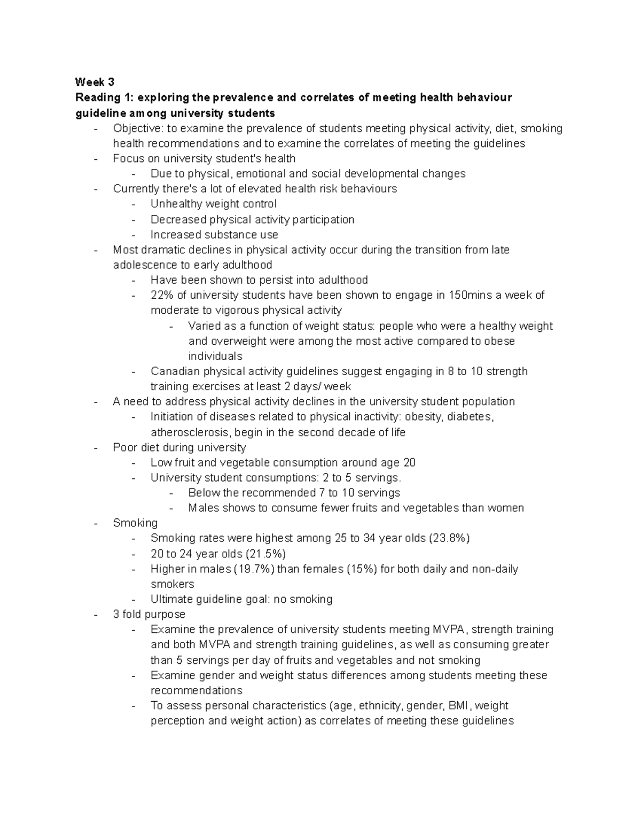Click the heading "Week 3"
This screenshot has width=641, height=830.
click(x=95, y=82)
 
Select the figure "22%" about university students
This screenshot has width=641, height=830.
click(x=162, y=295)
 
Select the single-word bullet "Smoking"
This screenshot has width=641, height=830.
click(x=135, y=523)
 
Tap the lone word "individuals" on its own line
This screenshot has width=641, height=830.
click(x=215, y=356)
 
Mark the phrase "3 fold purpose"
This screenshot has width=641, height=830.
click(x=149, y=615)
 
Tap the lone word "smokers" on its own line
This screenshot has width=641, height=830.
click(x=173, y=584)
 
